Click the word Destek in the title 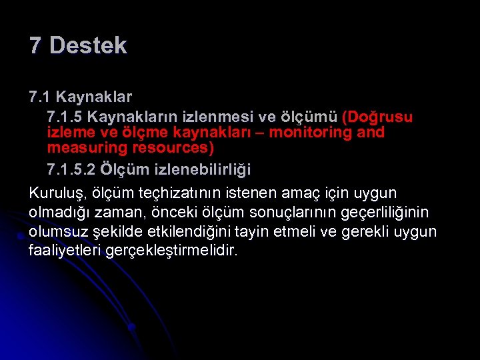(88, 46)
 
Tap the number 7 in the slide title (35, 46)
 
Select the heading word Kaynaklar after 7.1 (94, 97)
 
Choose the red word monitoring (301, 132)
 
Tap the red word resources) (176, 147)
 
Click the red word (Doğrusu (377, 117)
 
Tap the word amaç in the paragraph (315, 193)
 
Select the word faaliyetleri (65, 251)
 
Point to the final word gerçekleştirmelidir (171, 251)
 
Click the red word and (371, 132)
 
